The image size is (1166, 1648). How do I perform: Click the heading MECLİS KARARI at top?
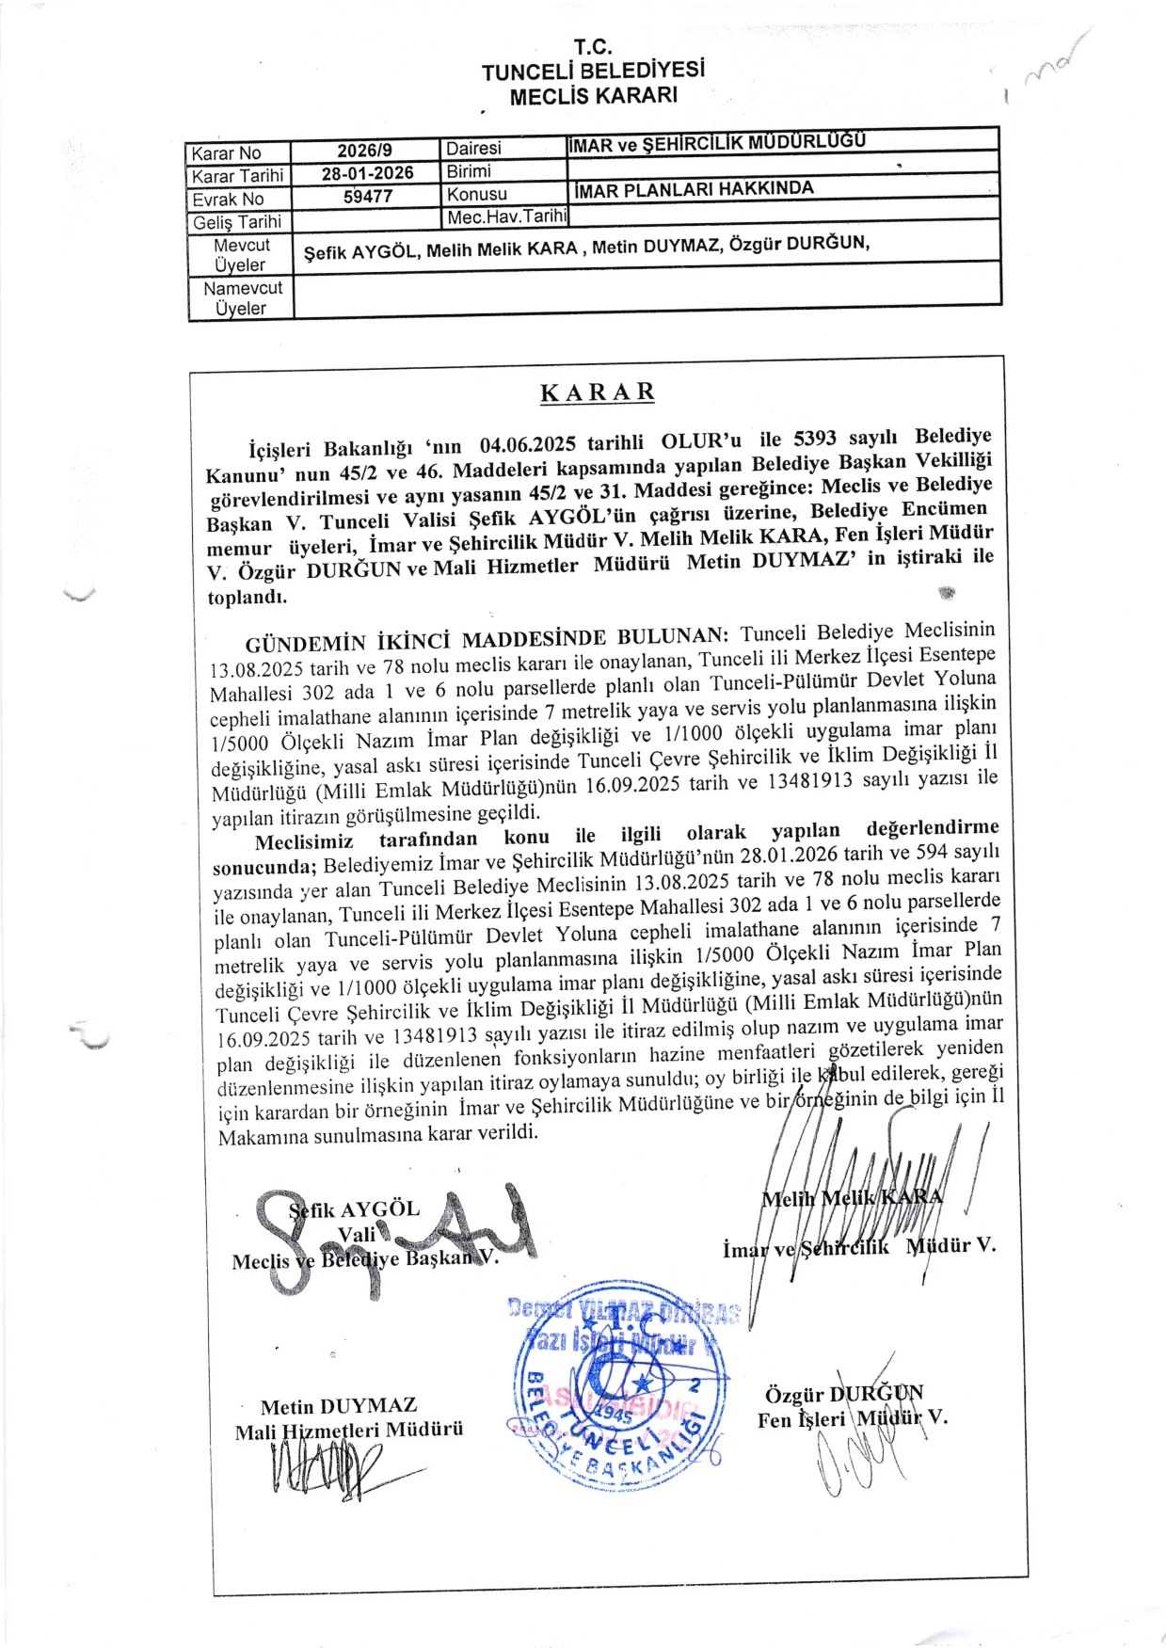click(593, 96)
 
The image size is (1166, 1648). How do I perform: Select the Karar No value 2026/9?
click(364, 151)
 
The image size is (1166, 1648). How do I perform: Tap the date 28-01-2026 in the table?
click(367, 173)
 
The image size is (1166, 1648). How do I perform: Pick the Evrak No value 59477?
click(367, 197)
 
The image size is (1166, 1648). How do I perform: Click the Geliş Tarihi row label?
click(237, 222)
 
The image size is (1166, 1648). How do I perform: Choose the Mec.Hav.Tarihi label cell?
click(506, 216)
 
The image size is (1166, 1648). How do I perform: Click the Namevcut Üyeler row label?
click(242, 298)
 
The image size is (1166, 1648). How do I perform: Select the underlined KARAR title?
click(598, 392)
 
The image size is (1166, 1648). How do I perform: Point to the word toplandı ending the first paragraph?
click(248, 597)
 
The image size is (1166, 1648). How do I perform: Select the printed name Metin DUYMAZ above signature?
click(339, 1406)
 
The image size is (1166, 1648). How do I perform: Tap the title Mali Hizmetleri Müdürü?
click(349, 1431)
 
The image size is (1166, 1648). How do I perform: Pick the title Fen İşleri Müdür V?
click(852, 1418)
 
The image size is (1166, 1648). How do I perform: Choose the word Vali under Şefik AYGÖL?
click(357, 1234)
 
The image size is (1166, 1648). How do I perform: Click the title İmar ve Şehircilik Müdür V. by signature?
click(858, 1247)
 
